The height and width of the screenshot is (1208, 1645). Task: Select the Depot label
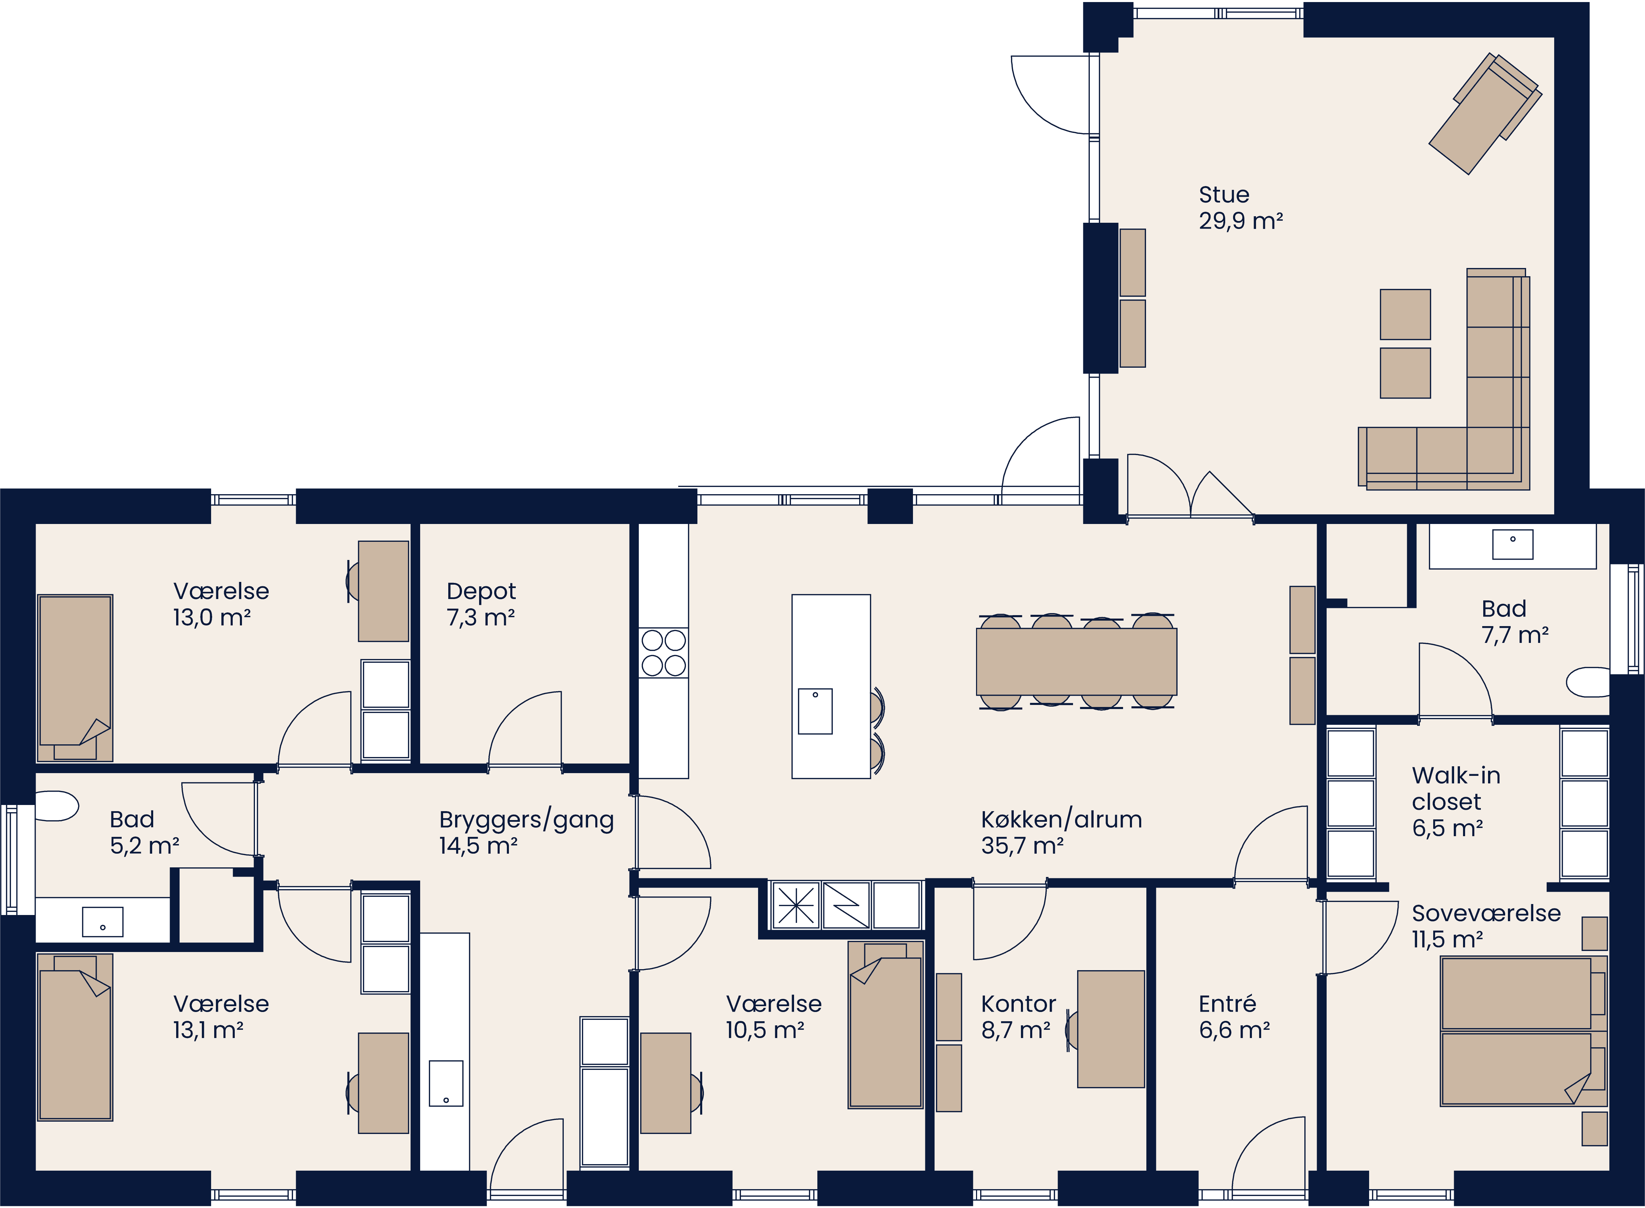coord(481,591)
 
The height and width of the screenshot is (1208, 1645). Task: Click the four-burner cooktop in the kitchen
coord(663,653)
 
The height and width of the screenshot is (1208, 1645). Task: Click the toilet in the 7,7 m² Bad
coord(1588,682)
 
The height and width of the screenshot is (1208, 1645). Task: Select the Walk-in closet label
coord(1455,788)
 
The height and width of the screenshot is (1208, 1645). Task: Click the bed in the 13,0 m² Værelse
coord(75,678)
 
